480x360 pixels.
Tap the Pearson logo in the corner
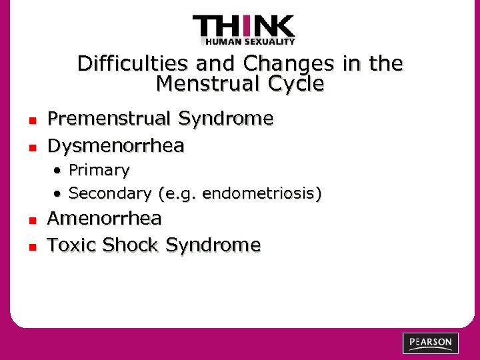point(431,343)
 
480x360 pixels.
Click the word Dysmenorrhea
point(116,145)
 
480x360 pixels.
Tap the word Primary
point(99,171)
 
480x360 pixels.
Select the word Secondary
point(111,193)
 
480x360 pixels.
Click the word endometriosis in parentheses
point(260,193)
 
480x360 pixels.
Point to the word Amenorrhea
point(105,219)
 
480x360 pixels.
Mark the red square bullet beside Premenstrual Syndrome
point(31,121)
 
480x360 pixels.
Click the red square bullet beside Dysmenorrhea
point(31,147)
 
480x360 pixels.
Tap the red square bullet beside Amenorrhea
point(31,220)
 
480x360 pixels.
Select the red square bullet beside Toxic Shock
point(31,247)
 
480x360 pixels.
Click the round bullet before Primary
point(59,171)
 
